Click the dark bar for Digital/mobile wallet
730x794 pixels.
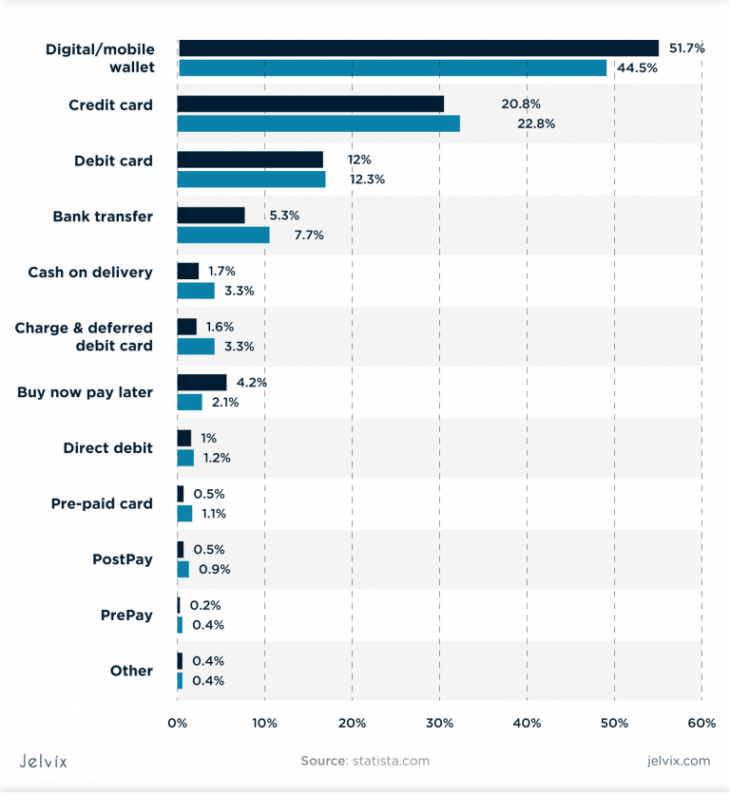(x=417, y=48)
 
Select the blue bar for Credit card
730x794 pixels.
(x=318, y=123)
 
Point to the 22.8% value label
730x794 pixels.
(x=536, y=123)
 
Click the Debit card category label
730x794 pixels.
(x=113, y=161)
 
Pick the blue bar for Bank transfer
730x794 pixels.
(x=223, y=235)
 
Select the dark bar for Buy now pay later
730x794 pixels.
(x=202, y=383)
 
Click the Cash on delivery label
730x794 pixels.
(x=89, y=273)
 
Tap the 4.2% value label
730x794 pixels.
(x=252, y=383)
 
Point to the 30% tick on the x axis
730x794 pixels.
(x=439, y=724)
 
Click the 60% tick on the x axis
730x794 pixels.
(x=701, y=724)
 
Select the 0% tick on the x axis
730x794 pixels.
(x=178, y=724)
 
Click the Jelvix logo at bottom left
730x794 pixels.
(x=44, y=761)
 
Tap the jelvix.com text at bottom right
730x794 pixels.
(x=678, y=761)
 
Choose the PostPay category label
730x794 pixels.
(x=122, y=559)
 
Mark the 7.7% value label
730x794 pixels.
(x=308, y=235)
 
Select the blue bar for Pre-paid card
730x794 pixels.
(x=184, y=514)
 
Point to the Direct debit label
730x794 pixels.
(x=107, y=448)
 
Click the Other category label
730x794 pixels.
(x=131, y=671)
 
